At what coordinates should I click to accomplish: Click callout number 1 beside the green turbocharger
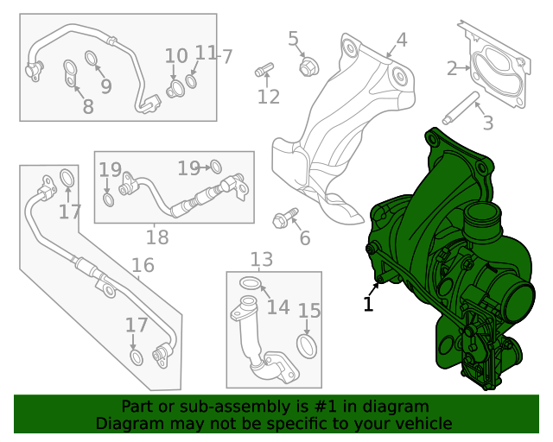(x=368, y=304)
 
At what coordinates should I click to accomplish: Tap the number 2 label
(x=453, y=69)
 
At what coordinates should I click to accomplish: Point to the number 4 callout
(x=401, y=40)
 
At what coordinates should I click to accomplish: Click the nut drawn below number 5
(x=305, y=66)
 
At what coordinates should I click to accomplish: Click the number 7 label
(x=227, y=57)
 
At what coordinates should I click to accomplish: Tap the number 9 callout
(x=105, y=86)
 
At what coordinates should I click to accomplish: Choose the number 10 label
(x=176, y=56)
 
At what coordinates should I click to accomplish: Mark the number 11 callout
(x=205, y=54)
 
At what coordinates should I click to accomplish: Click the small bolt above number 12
(x=264, y=68)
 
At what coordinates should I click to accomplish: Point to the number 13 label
(x=261, y=259)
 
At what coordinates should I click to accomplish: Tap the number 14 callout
(x=277, y=307)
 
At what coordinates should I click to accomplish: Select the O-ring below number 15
(x=307, y=345)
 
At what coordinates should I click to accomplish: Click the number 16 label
(x=143, y=264)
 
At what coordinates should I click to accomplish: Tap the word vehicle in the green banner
(x=423, y=424)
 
